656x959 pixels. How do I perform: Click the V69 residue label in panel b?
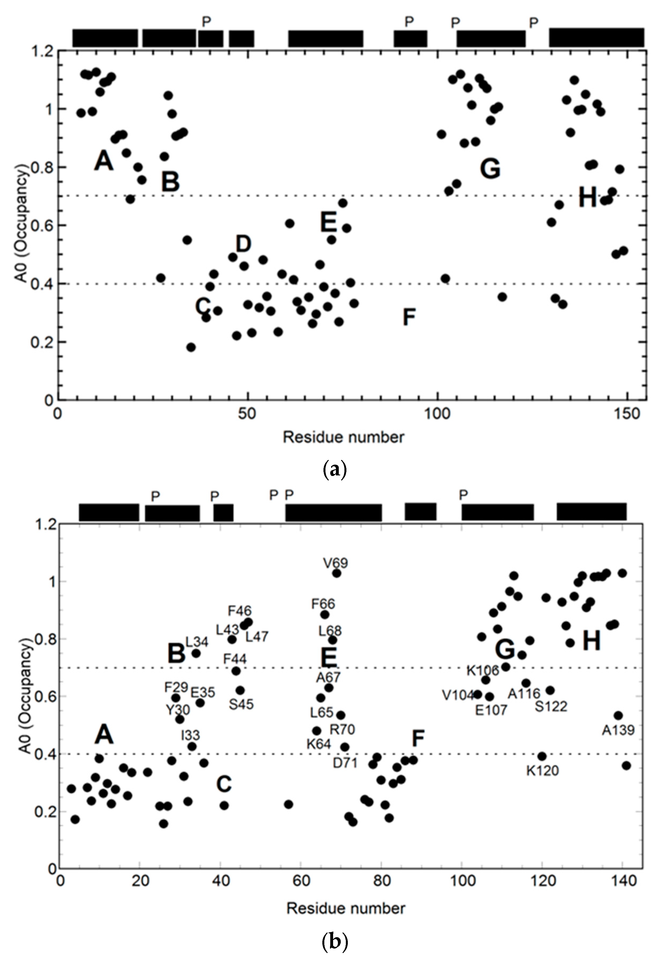(x=335, y=563)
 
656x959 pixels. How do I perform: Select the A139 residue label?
(x=618, y=730)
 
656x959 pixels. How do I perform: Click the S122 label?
(x=551, y=707)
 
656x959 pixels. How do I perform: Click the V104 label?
(x=458, y=695)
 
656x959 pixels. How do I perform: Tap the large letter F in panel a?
(x=408, y=317)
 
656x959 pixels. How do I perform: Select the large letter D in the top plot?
(x=243, y=244)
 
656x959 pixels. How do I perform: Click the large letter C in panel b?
(x=224, y=784)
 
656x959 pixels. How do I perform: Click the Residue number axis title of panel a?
(x=344, y=437)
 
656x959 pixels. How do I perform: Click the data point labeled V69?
(x=337, y=573)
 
